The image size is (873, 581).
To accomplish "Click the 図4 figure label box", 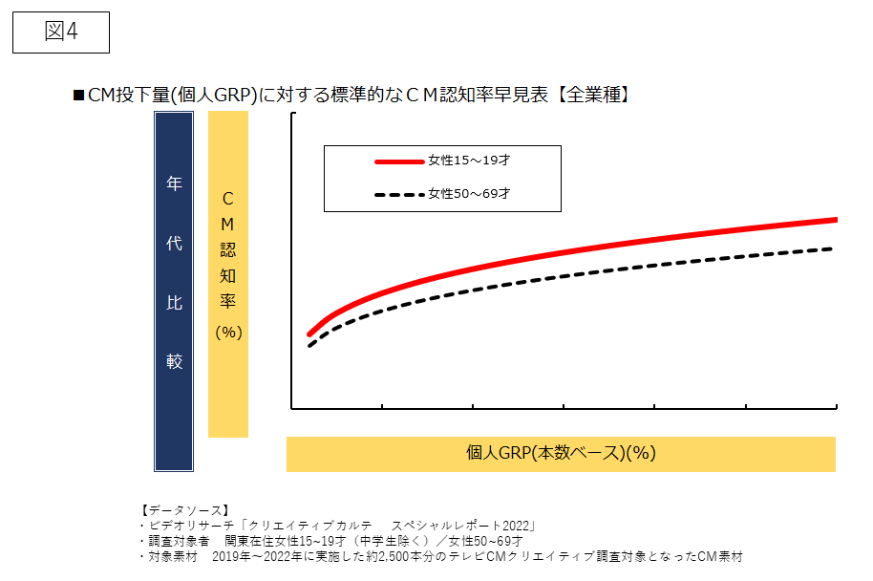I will [61, 32].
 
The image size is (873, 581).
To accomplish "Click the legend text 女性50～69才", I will [469, 194].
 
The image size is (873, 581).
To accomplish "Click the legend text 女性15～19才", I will [469, 161].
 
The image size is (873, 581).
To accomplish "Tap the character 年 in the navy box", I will [174, 184].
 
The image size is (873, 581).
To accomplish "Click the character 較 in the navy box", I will [174, 362].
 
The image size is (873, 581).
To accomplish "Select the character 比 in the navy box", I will [174, 303].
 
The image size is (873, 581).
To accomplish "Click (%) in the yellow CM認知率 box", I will [228, 333].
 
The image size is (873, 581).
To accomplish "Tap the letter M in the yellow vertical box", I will [228, 223].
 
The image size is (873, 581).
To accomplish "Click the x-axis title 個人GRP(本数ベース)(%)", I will [561, 454].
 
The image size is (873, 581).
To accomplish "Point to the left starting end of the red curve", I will [309, 334].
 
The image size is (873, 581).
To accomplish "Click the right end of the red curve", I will [836, 220].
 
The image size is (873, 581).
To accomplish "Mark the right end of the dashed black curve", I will [836, 248].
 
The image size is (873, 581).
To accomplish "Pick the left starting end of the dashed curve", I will [309, 346].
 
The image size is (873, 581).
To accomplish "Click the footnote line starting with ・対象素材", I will [439, 555].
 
